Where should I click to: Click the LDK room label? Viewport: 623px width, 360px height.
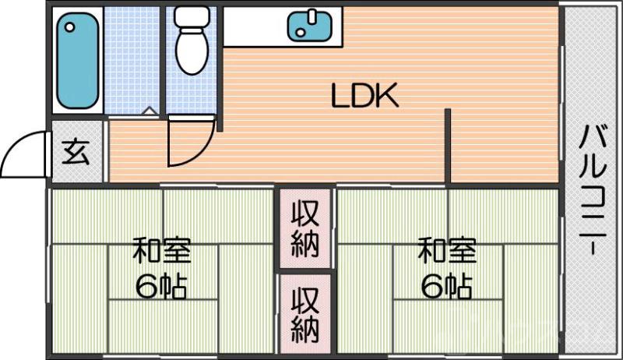364,97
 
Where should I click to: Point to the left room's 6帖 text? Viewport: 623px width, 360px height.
161,288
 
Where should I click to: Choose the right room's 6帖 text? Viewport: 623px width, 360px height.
446,288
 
